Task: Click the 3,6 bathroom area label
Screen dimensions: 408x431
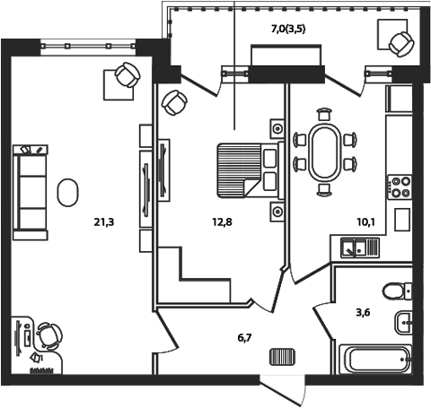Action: click(x=363, y=312)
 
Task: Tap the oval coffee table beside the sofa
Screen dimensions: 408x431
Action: click(x=68, y=190)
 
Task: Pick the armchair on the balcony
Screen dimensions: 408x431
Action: click(x=400, y=41)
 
